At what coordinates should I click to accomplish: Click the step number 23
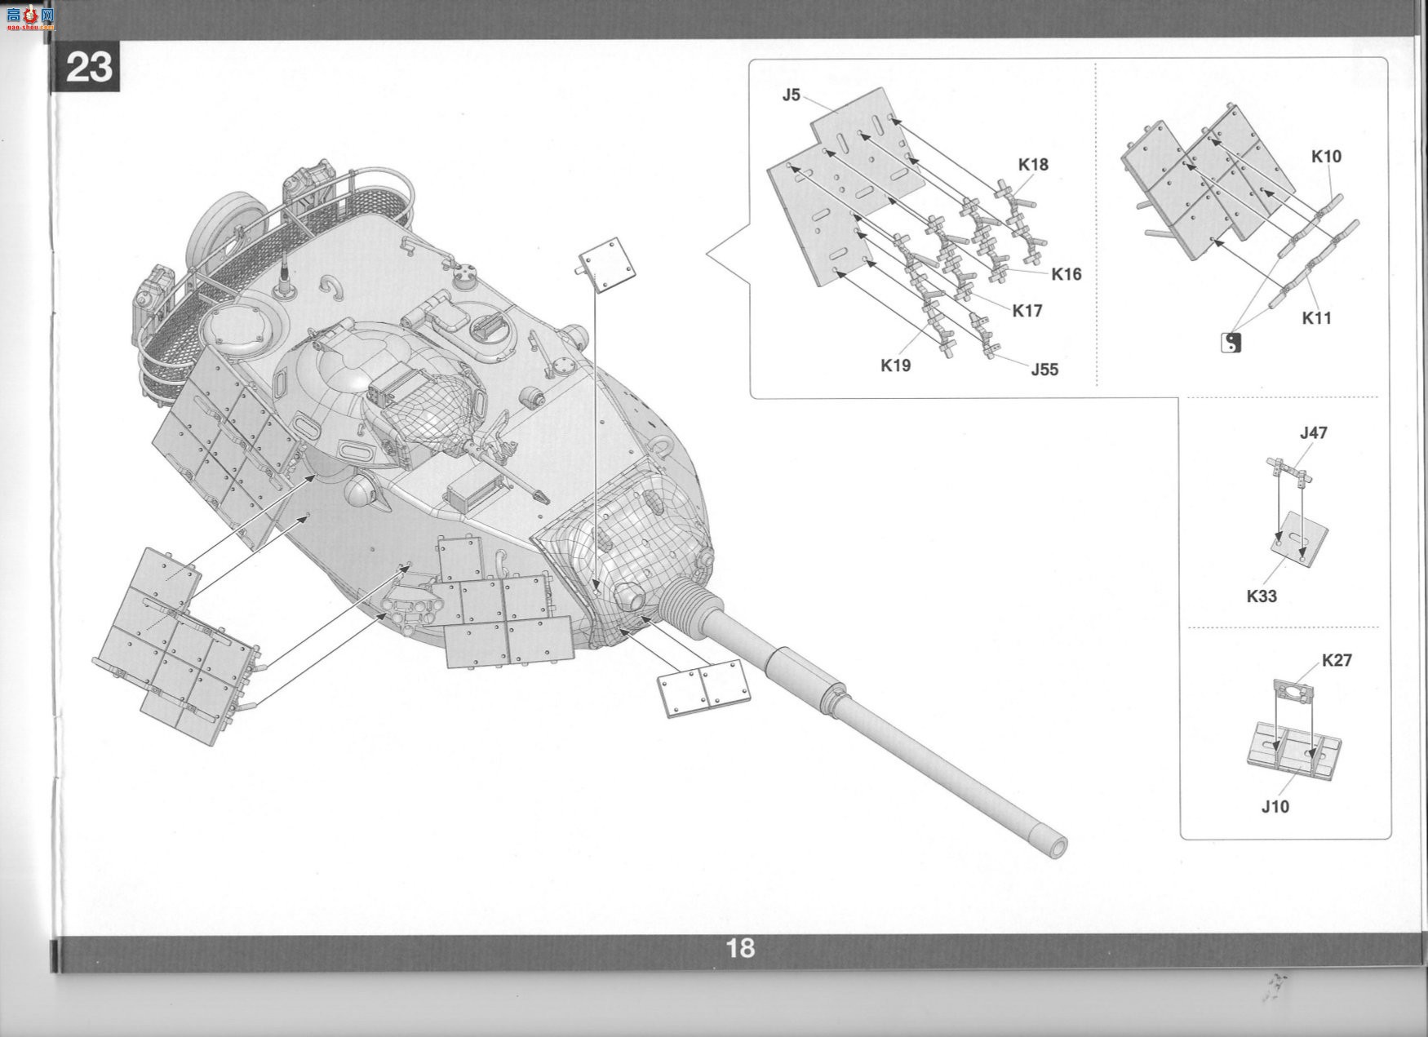point(88,67)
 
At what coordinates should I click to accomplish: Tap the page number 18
point(740,948)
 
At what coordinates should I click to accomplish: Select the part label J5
point(791,95)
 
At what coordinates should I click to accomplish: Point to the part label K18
point(1032,164)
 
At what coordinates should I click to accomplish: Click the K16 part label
point(1066,274)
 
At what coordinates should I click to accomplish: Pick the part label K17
point(1027,311)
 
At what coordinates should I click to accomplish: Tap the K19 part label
point(895,366)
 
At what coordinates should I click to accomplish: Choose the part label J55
point(1044,370)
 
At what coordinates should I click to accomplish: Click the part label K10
point(1326,156)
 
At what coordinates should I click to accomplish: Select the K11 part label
point(1316,318)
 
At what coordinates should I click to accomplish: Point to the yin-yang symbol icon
point(1231,343)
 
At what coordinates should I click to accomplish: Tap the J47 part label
point(1313,433)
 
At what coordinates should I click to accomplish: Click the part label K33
point(1262,596)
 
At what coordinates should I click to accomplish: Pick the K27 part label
point(1337,660)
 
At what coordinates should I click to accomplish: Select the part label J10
point(1275,807)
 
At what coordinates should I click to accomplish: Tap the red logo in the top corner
point(29,16)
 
